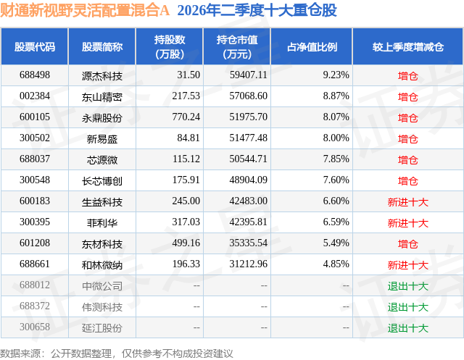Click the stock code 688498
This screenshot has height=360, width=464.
35,75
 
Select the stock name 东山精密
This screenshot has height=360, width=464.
102,96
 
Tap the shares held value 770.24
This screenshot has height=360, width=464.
186,117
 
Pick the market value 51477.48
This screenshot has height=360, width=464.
248,138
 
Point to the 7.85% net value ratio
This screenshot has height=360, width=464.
336,159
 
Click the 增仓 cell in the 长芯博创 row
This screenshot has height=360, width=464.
407,180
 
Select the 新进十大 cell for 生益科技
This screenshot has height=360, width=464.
407,202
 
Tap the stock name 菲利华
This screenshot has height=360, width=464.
102,222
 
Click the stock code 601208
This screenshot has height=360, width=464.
35,243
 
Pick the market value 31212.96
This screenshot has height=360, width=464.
248,264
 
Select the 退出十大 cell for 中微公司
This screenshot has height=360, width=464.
407,286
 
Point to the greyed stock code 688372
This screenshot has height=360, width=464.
35,306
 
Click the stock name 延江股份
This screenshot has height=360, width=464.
102,328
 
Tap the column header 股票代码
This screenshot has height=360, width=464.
35,46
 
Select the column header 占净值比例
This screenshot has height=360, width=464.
312,46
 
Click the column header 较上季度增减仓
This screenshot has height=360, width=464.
408,46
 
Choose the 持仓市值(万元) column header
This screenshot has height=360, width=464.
237,46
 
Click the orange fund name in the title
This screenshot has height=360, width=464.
85,10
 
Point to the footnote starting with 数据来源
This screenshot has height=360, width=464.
117,353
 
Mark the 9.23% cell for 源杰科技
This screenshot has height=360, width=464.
336,75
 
